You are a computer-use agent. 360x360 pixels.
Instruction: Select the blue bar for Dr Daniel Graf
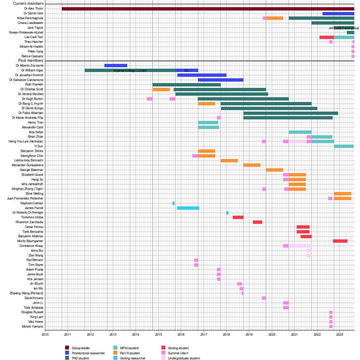[x=338, y=13]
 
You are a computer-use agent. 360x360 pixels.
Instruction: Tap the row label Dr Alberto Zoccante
[x=29, y=65]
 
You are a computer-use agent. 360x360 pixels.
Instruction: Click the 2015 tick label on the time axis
[x=158, y=334]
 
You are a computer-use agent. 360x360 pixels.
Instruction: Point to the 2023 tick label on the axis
[x=339, y=334]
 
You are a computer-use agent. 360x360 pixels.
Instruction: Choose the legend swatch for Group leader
[x=67, y=348]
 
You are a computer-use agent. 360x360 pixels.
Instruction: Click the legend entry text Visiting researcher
[x=133, y=358]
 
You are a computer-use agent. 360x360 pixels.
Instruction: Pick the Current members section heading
[x=28, y=4]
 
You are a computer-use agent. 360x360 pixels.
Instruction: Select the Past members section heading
[x=31, y=61]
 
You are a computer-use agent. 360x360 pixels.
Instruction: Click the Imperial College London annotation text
[x=130, y=70]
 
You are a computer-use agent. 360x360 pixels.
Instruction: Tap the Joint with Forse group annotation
[x=344, y=28]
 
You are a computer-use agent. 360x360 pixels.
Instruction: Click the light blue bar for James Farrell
[x=188, y=208]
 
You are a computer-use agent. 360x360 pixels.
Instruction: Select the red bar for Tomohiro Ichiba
[x=238, y=217]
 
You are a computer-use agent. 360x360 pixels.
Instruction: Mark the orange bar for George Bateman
[x=274, y=170]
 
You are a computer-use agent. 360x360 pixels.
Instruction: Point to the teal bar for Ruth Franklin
[x=186, y=85]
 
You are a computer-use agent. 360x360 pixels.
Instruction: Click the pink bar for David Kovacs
[x=264, y=298]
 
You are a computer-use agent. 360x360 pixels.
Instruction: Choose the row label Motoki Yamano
[x=32, y=326]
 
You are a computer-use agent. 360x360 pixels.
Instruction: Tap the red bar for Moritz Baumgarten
[x=340, y=241]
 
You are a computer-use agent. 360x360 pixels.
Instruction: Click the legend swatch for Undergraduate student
[x=163, y=358]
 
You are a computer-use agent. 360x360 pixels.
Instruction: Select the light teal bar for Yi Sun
[x=343, y=146]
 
